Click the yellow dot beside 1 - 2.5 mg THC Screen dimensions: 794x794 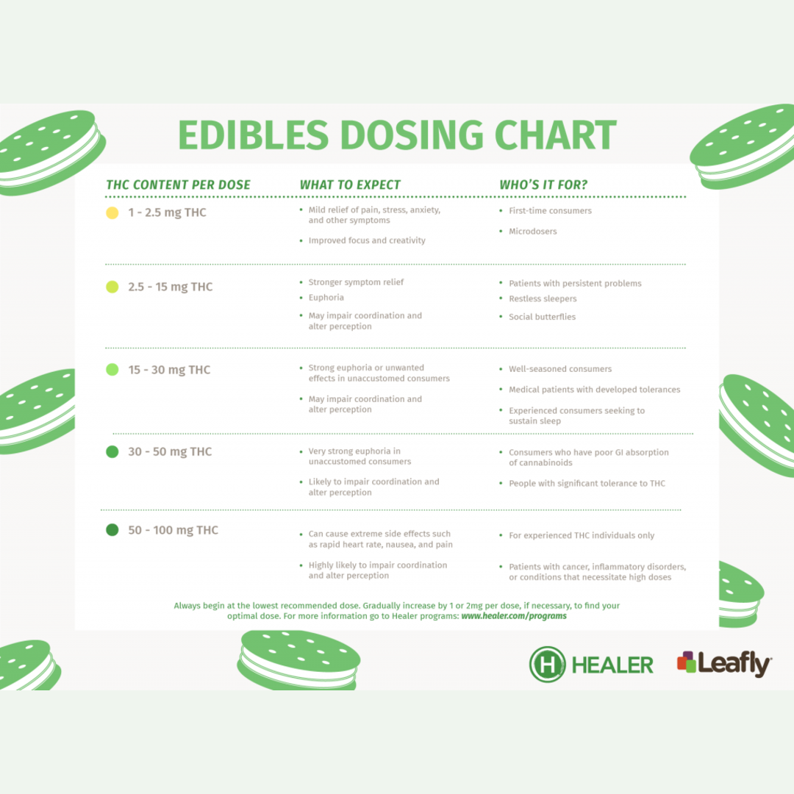tap(112, 212)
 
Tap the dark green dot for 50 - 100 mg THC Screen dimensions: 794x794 tap(112, 529)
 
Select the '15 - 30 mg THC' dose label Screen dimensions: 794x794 tap(169, 370)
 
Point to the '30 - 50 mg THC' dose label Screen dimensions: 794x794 tap(170, 451)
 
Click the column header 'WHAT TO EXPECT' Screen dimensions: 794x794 tap(350, 185)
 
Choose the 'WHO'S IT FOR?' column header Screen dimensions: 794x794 tap(543, 185)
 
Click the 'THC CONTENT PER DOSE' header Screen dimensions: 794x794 tap(178, 185)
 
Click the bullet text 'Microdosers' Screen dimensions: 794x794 tap(533, 232)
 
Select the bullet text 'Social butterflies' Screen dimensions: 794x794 tap(543, 317)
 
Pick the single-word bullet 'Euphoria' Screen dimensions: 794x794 tap(326, 298)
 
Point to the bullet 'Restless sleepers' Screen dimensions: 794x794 tap(543, 298)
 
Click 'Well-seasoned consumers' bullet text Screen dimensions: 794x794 tap(560, 369)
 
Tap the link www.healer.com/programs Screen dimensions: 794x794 tap(514, 616)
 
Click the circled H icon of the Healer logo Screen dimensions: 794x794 tap(547, 665)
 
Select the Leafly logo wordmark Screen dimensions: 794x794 tap(734, 664)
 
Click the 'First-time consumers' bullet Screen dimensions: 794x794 tap(550, 211)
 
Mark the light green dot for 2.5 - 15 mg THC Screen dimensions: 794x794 tap(112, 287)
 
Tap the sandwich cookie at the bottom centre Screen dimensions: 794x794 tap(298, 659)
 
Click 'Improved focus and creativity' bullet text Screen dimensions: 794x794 tap(367, 240)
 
